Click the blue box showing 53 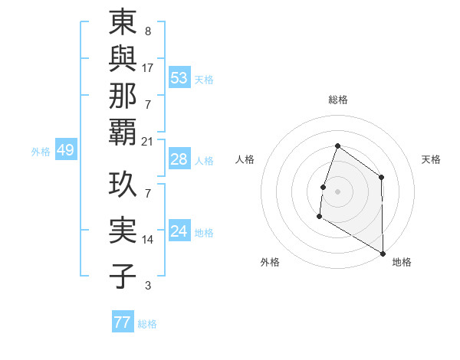179,78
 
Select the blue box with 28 179,159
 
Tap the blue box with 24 179,231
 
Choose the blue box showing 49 65,151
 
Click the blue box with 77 122,322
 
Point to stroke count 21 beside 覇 148,142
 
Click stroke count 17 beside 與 148,67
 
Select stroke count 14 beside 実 148,240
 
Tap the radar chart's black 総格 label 337,100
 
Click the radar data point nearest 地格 383,252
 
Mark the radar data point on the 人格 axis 323,187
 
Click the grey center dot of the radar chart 337,191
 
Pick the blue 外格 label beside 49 41,152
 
